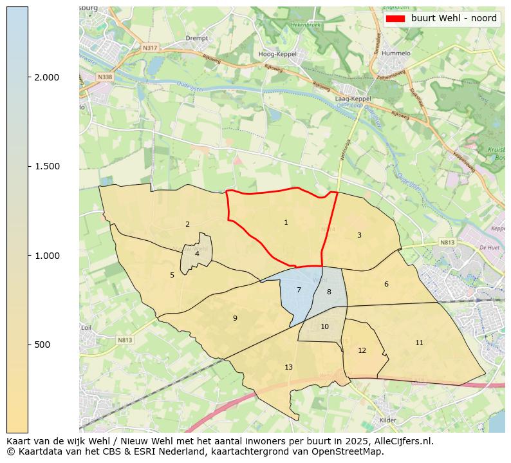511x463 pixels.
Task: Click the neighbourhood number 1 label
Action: coord(286,223)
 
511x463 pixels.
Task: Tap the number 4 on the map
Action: coord(197,254)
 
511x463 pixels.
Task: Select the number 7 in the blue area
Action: coord(299,290)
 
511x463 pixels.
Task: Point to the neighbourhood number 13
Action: coord(288,368)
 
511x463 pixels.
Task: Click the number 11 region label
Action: coord(419,343)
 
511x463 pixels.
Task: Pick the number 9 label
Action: coord(235,318)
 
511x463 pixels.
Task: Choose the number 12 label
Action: coord(362,351)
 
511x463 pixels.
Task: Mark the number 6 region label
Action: coord(386,285)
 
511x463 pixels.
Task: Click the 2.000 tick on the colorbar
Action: coord(46,77)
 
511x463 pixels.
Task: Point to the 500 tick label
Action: coord(42,345)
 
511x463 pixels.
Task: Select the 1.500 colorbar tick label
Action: coord(46,167)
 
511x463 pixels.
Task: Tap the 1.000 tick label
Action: coord(46,256)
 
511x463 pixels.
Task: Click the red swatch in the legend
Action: coord(395,19)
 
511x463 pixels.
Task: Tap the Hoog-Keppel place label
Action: coord(277,54)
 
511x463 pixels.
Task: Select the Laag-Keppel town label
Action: coord(353,99)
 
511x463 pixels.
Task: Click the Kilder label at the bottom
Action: coord(388,419)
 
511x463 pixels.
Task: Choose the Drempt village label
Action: coord(196,38)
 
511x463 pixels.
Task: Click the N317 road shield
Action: coord(149,48)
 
